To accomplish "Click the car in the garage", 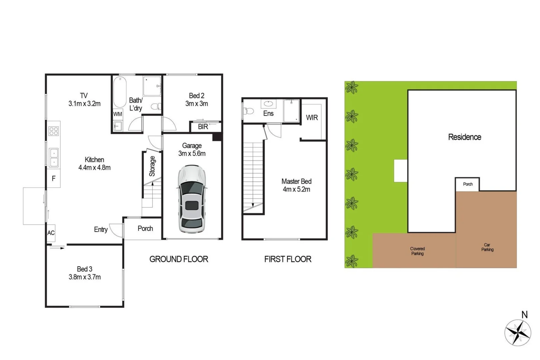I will tap(191, 199).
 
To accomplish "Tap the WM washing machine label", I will tap(117, 114).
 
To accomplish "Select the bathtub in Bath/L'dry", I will tap(120, 92).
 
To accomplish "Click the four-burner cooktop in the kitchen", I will tap(54, 131).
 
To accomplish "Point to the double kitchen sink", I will tap(54, 157).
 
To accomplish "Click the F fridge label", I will tap(54, 179).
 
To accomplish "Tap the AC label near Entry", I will tap(51, 233).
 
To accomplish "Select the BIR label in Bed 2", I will tap(203, 127).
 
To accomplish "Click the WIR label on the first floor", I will tap(312, 118).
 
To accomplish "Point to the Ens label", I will tap(268, 114).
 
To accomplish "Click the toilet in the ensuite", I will tap(249, 111).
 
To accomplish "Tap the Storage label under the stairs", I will tap(152, 166).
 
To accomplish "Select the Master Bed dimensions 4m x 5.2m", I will tap(296, 190).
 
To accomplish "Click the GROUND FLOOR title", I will tap(179, 259).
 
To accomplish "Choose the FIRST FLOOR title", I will tap(288, 259).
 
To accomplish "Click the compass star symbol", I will tap(517, 332).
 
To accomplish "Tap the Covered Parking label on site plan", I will tap(417, 251).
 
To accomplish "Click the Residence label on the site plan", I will tap(464, 137).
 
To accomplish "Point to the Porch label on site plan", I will tap(468, 184).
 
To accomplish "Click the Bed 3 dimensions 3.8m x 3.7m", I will tap(85, 277).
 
